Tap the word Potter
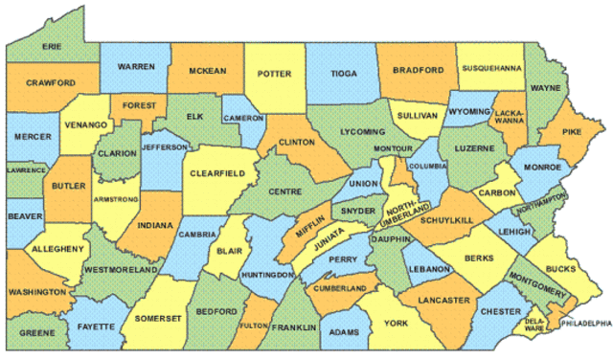tap(273, 71)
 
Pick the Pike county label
tap(571, 131)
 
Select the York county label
tap(397, 324)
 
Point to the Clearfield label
tap(218, 173)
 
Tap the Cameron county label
tap(242, 118)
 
